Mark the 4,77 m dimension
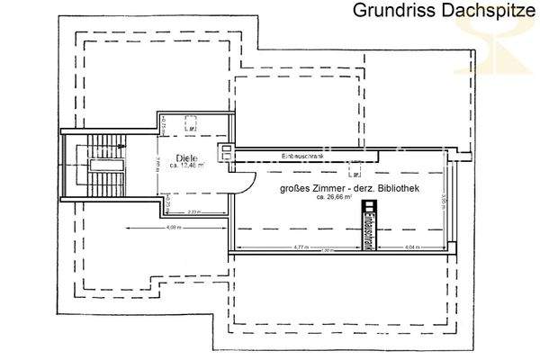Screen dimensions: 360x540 pyautogui.click(x=300, y=247)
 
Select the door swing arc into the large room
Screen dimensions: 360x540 pyautogui.click(x=240, y=180)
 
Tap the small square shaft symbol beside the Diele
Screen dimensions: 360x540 pyautogui.click(x=227, y=151)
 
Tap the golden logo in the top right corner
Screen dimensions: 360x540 pyautogui.click(x=504, y=40)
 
